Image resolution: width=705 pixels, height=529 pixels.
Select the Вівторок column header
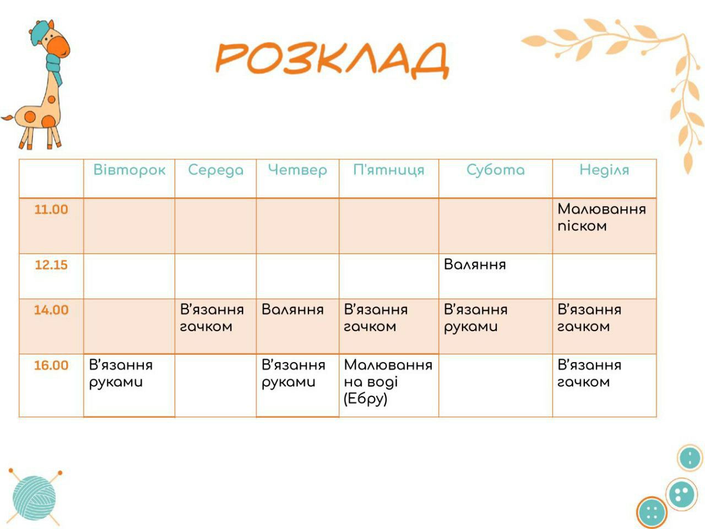[129, 170]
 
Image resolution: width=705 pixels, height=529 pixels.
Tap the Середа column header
[216, 170]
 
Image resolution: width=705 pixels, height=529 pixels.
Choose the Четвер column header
[297, 170]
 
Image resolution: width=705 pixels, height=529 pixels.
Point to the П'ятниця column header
[389, 170]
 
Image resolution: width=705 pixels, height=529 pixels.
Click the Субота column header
[496, 170]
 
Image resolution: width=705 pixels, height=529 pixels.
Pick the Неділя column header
[604, 170]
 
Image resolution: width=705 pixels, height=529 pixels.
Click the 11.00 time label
[51, 209]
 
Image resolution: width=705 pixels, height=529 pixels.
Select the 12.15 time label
[51, 265]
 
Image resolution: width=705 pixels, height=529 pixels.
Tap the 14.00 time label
[51, 310]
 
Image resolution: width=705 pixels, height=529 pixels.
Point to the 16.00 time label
[51, 365]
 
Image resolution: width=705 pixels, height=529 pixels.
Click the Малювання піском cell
[601, 218]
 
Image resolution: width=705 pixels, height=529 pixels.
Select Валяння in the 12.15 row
[475, 264]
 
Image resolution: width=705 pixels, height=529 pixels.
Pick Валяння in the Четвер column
[292, 310]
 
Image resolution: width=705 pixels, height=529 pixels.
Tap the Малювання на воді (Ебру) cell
[388, 382]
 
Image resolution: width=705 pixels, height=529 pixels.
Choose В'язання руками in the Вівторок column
[121, 374]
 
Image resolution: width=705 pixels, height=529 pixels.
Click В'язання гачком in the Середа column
[211, 318]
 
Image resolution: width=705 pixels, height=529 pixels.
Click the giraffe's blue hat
[40, 31]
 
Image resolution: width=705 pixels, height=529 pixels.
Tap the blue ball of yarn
[34, 498]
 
